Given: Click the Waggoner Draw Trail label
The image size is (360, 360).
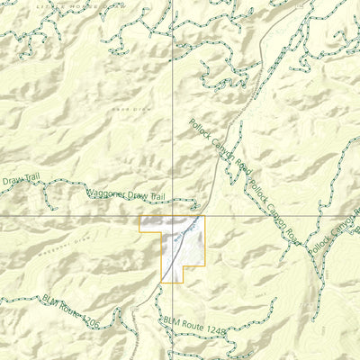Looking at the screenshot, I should tap(126, 193).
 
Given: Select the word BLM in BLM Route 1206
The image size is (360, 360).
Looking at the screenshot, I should tap(49, 299).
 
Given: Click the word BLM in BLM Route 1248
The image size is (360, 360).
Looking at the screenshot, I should tap(172, 319).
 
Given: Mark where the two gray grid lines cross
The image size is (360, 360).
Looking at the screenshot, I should tap(173, 217).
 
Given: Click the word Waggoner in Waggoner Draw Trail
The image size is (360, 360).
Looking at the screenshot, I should tap(104, 192).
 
